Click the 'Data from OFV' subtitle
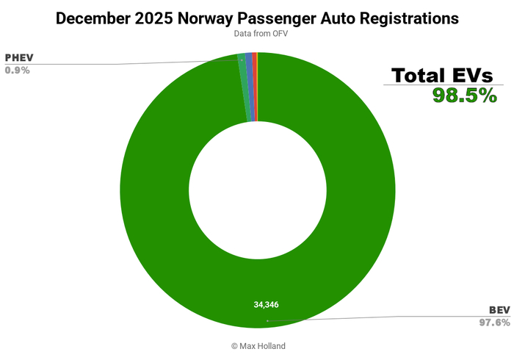[x=256, y=34]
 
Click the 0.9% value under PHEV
[x=18, y=71]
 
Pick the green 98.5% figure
[x=463, y=96]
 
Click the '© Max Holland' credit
[x=256, y=345]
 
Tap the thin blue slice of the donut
[x=249, y=64]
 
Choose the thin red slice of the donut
[x=254, y=64]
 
